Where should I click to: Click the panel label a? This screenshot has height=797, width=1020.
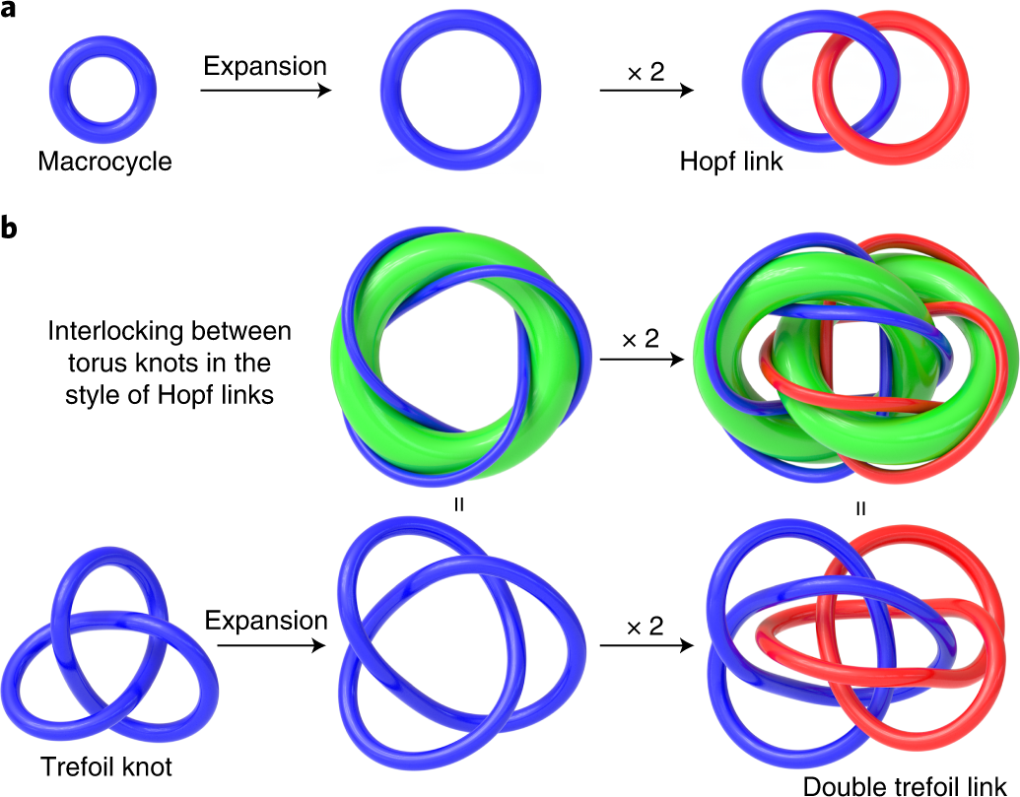(11, 15)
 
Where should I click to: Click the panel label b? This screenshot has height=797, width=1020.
(11, 229)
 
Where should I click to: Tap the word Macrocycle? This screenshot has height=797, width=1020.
(104, 161)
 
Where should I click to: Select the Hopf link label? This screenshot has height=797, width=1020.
(731, 161)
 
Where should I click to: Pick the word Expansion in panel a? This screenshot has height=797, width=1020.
(264, 67)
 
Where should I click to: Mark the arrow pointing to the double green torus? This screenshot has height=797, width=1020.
(641, 361)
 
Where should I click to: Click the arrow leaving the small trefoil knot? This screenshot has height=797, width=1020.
(265, 645)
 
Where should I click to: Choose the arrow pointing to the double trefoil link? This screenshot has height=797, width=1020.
(646, 645)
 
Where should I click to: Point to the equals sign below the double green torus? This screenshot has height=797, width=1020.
(861, 509)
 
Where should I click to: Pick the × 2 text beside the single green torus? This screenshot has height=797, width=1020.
(641, 340)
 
